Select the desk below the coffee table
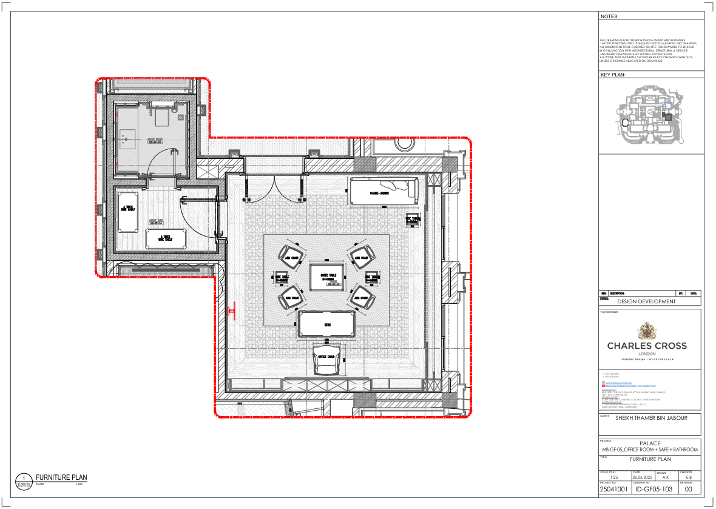(327, 325)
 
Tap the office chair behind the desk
(326, 359)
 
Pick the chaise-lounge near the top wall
(383, 192)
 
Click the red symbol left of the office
(232, 311)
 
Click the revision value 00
(688, 489)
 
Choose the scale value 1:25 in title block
(614, 477)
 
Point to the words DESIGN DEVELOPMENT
(646, 302)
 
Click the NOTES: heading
(609, 17)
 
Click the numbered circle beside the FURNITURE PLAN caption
(24, 480)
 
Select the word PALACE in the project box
(649, 443)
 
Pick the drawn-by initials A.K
(666, 477)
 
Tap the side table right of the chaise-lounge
(412, 220)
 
